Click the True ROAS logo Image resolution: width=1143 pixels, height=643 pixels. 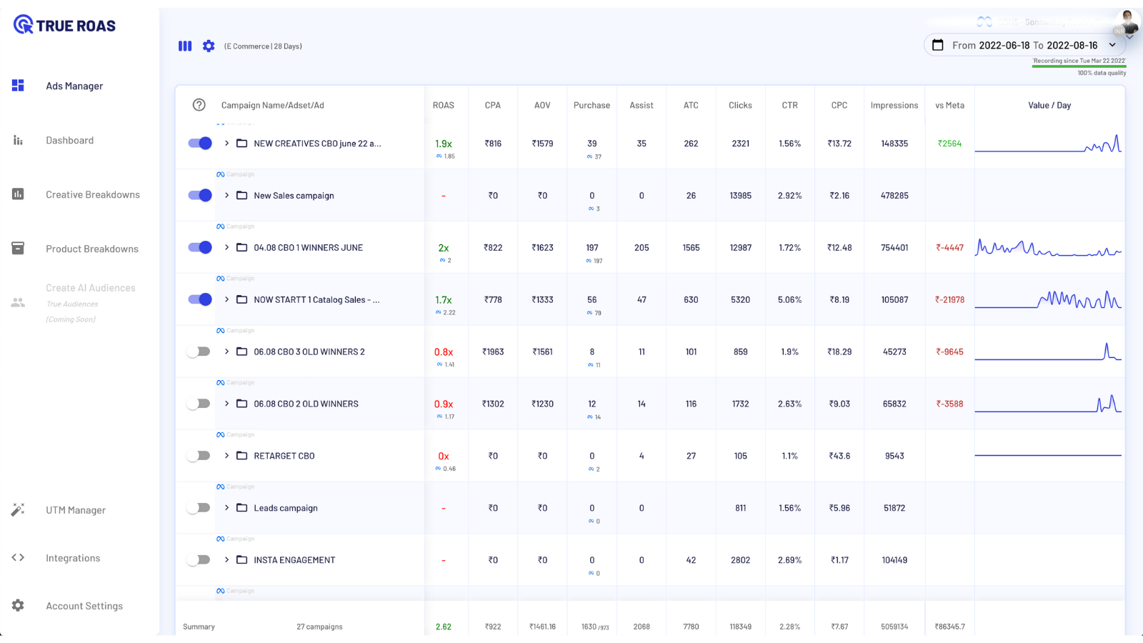[x=64, y=26]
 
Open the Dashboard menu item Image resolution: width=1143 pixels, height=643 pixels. [x=69, y=141]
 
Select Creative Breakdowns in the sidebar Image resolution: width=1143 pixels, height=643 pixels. [x=92, y=195]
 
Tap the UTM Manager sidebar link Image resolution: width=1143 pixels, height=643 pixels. [x=75, y=510]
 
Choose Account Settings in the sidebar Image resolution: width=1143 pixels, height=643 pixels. [x=84, y=606]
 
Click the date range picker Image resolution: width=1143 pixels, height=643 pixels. [x=1024, y=45]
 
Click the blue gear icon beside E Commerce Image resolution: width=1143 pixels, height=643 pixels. [x=209, y=46]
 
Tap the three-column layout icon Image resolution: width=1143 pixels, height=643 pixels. [x=185, y=46]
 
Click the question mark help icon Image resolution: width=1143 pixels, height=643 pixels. [x=199, y=105]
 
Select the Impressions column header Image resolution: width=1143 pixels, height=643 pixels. [x=894, y=105]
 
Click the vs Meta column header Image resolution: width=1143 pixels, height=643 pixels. [x=949, y=105]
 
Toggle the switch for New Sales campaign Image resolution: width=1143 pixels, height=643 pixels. [x=200, y=195]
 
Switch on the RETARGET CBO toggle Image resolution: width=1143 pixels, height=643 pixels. [x=199, y=456]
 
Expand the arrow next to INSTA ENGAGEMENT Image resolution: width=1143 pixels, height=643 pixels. [x=226, y=560]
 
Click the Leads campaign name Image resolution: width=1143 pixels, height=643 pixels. [x=286, y=508]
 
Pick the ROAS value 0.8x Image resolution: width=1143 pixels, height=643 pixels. [x=444, y=352]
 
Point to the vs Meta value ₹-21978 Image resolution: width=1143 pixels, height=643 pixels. [x=949, y=300]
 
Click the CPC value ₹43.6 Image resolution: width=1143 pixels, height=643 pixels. [x=839, y=456]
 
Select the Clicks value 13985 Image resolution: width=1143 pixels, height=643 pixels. [x=740, y=196]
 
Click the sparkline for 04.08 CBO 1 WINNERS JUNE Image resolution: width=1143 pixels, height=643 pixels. [x=1048, y=249]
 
